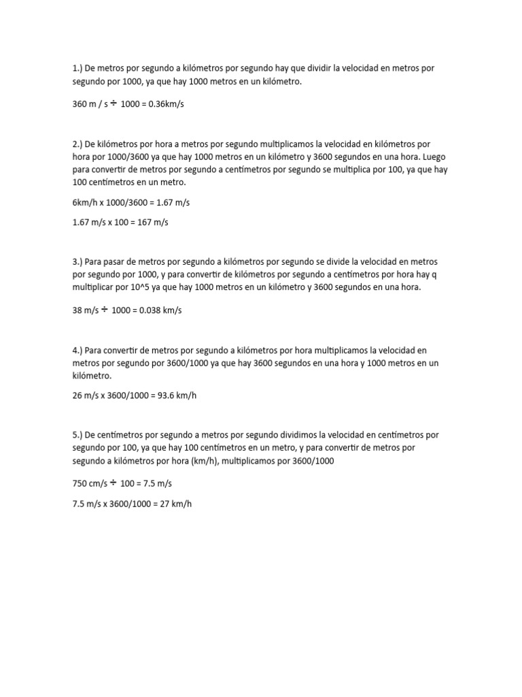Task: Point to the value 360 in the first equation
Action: [x=80, y=105]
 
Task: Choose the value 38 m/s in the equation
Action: [x=84, y=310]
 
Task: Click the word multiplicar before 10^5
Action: [x=95, y=287]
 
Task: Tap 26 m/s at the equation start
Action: [x=86, y=395]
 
